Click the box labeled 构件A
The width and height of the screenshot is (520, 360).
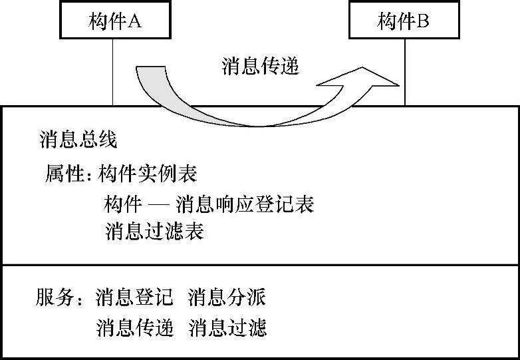pyautogui.click(x=114, y=22)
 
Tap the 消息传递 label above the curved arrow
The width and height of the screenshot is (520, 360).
pyautogui.click(x=260, y=67)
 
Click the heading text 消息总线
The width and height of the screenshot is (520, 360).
pyautogui.click(x=78, y=140)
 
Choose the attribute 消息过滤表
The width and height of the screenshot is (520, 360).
pyautogui.click(x=154, y=232)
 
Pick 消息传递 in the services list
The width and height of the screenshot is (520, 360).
pyautogui.click(x=134, y=327)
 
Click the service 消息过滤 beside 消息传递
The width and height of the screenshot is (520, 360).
pyautogui.click(x=227, y=327)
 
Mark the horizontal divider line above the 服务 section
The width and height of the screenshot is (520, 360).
pyautogui.click(x=260, y=266)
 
